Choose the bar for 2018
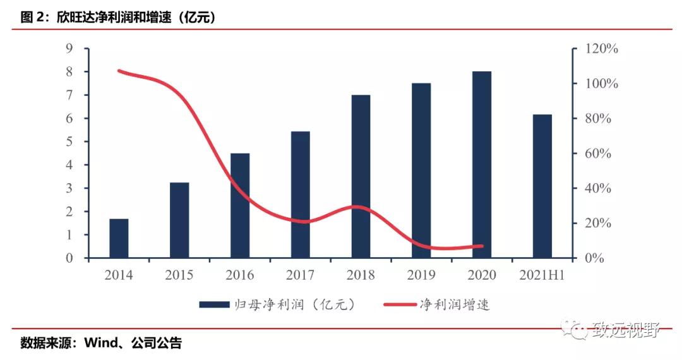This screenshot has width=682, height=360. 361,176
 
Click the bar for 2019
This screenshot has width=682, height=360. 421,171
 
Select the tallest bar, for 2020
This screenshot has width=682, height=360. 482,164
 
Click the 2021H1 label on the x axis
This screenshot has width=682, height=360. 542,275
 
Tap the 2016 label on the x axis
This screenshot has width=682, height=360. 240,275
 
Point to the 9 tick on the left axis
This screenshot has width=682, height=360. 69,49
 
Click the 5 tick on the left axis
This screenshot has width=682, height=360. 69,142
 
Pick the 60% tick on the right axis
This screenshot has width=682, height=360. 597,153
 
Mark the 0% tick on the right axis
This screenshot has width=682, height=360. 594,258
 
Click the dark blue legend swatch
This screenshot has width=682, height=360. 214,305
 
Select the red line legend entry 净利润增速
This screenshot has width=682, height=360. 455,305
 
